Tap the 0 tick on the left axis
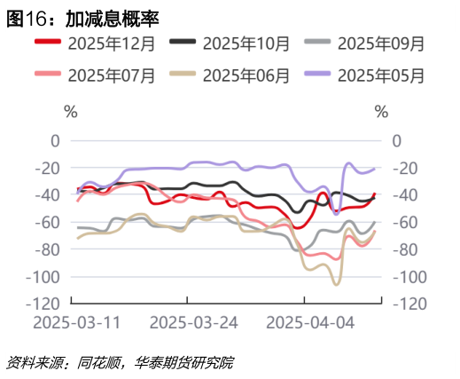pos(55,140)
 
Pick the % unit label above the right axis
pos(382,113)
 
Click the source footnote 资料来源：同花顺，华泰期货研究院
pos(120,362)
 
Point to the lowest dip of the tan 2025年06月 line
pos(337,284)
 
